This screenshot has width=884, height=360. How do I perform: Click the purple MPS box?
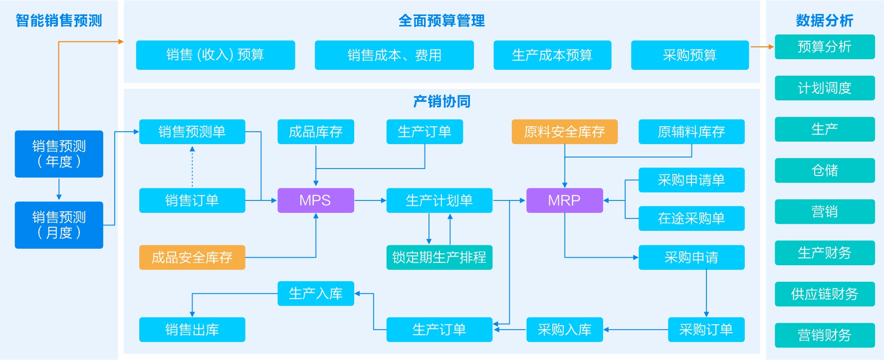[315, 200]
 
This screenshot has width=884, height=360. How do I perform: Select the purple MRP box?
[564, 200]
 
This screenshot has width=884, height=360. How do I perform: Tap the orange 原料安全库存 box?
[564, 132]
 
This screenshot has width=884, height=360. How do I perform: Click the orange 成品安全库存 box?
[192, 257]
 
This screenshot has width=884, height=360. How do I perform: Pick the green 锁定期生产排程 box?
[439, 257]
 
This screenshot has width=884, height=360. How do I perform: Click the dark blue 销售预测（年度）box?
[59, 154]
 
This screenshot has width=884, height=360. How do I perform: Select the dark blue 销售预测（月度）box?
[59, 225]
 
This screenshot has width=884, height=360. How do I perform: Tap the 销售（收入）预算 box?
[215, 55]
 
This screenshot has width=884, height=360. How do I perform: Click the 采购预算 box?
[689, 55]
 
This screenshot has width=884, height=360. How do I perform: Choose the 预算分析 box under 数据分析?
[824, 47]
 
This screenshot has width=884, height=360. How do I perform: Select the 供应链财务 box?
[824, 294]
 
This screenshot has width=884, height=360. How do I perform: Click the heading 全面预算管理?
[442, 20]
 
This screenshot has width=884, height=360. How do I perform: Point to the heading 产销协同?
[442, 101]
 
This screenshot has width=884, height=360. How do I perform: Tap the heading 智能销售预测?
[59, 20]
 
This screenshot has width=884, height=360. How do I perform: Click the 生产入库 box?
[315, 294]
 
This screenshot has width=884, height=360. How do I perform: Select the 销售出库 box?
[192, 330]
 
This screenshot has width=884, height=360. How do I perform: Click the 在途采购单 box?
[691, 218]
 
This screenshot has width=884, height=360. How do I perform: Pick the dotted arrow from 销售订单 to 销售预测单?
[192, 167]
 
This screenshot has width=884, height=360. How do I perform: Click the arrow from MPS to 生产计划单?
[370, 200]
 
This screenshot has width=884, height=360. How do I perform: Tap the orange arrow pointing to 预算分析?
[762, 47]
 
